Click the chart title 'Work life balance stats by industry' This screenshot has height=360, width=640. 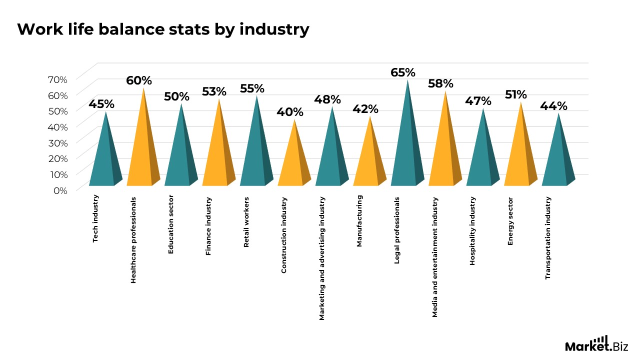[163, 29]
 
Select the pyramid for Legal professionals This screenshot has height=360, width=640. [407, 150]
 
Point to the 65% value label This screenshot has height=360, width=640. [403, 72]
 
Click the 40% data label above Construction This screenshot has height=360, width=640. [290, 112]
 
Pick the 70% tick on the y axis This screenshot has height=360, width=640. [57, 79]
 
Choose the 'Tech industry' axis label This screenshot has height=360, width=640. [96, 219]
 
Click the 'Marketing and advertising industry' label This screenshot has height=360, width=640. [322, 258]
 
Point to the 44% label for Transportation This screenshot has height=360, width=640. [553, 106]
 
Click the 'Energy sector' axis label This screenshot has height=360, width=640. [510, 221]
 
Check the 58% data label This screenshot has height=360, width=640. [440, 83]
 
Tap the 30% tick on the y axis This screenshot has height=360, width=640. [57, 142]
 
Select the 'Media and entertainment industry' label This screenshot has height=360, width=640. [435, 257]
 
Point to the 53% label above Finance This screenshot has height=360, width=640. [214, 91]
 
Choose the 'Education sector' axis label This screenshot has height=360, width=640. [171, 224]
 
